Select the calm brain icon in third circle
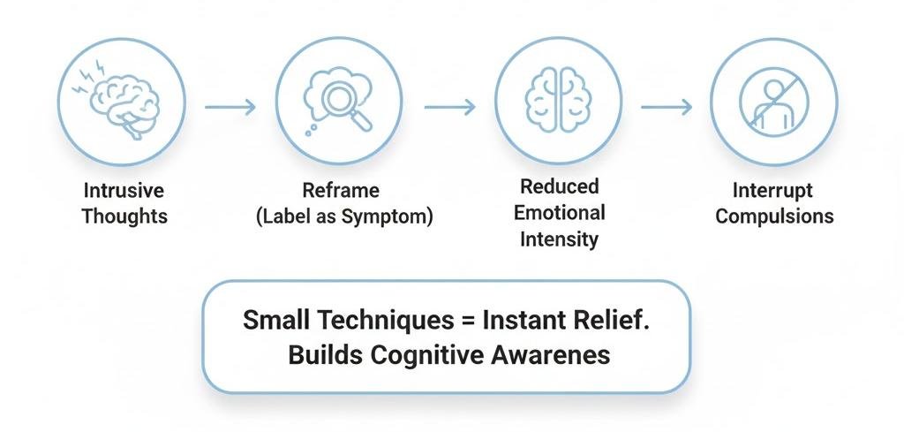(x=558, y=101)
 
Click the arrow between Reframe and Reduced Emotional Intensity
(x=448, y=108)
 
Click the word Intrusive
(x=124, y=192)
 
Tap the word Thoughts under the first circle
(x=124, y=216)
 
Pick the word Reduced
(x=559, y=187)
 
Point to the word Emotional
(x=559, y=213)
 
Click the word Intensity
(x=559, y=239)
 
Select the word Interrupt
(x=773, y=192)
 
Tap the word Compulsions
(x=773, y=216)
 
